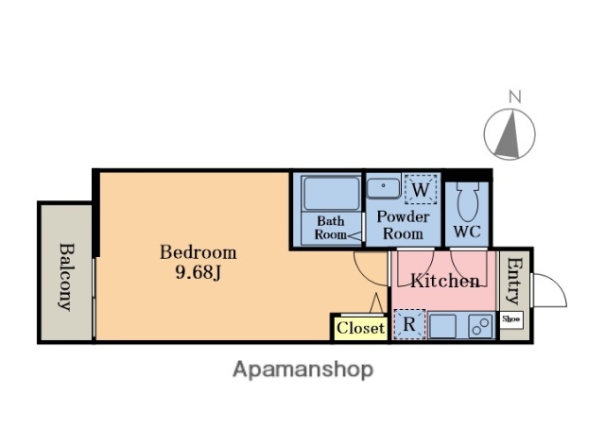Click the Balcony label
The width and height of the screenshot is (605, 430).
pyautogui.click(x=66, y=277)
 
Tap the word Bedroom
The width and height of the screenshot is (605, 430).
pyautogui.click(x=199, y=252)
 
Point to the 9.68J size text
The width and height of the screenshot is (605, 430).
pyautogui.click(x=199, y=273)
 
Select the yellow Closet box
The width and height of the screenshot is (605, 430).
pyautogui.click(x=360, y=329)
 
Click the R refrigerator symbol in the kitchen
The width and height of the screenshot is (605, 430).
pyautogui.click(x=409, y=324)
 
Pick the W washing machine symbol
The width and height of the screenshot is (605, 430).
pyautogui.click(x=421, y=189)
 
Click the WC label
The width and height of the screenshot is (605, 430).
pyautogui.click(x=467, y=232)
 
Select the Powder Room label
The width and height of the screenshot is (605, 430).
pyautogui.click(x=403, y=225)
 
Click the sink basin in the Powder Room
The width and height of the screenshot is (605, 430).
pyautogui.click(x=384, y=188)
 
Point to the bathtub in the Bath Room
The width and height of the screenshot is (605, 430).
pyautogui.click(x=331, y=194)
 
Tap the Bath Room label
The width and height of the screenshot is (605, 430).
pyautogui.click(x=331, y=228)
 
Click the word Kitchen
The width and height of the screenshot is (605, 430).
pyautogui.click(x=445, y=281)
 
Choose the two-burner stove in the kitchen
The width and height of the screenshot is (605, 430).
pyautogui.click(x=481, y=326)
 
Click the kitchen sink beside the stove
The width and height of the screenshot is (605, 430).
pyautogui.click(x=442, y=326)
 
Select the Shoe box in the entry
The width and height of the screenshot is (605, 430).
pyautogui.click(x=511, y=319)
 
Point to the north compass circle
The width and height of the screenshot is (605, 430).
pyautogui.click(x=510, y=134)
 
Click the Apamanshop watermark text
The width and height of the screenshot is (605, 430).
pyautogui.click(x=302, y=370)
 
